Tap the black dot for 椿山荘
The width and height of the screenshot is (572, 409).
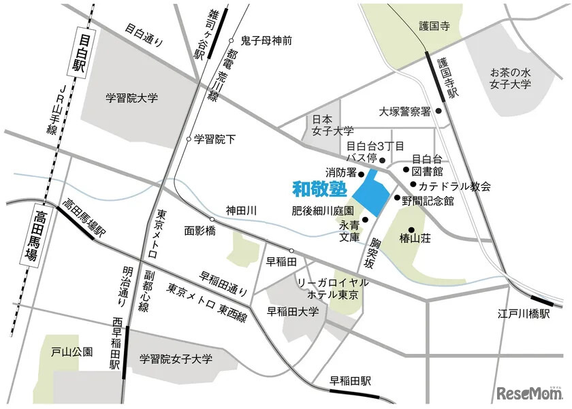tap(411, 229)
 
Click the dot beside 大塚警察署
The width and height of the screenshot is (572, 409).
tap(439, 111)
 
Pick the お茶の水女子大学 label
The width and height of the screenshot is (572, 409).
tap(512, 79)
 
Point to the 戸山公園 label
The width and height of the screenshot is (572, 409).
tap(72, 353)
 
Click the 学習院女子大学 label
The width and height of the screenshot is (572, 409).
tap(176, 358)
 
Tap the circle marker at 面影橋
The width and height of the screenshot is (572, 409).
tap(212, 219)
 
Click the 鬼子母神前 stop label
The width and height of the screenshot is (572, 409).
tap(266, 40)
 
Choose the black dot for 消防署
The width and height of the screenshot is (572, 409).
tap(362, 173)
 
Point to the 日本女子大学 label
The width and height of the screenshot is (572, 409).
tap(333, 124)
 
